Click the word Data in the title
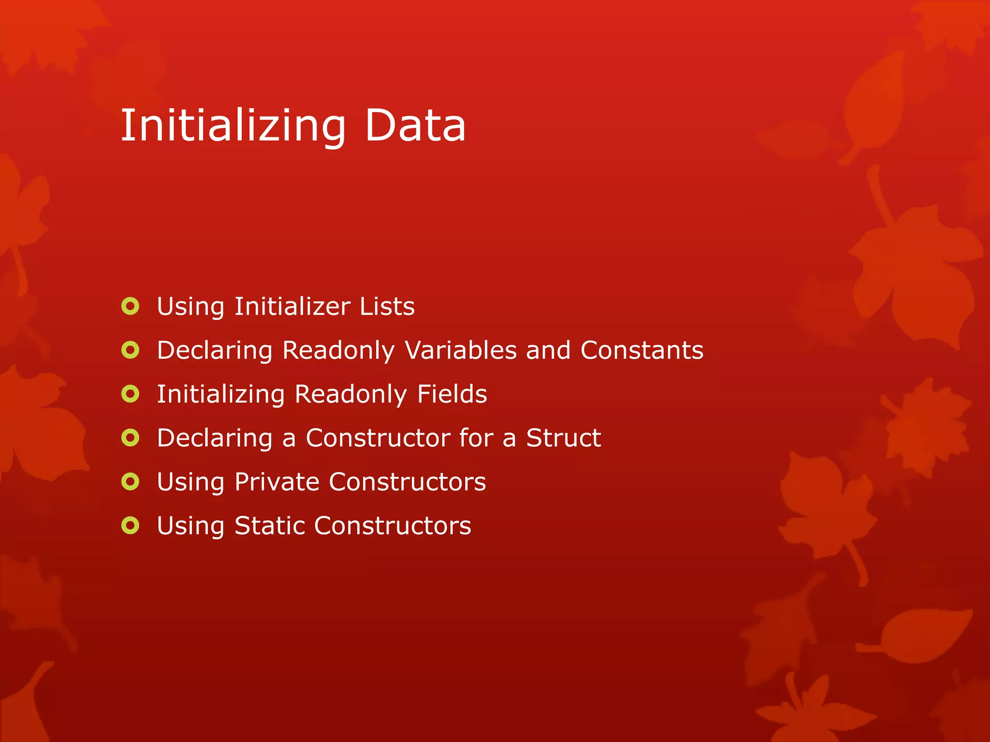415,126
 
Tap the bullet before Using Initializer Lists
131,306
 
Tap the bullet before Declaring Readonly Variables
131,350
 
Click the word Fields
451,394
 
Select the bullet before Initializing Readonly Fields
131,394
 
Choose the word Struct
563,438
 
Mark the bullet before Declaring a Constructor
131,438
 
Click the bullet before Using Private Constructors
131,482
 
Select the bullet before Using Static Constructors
131,526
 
